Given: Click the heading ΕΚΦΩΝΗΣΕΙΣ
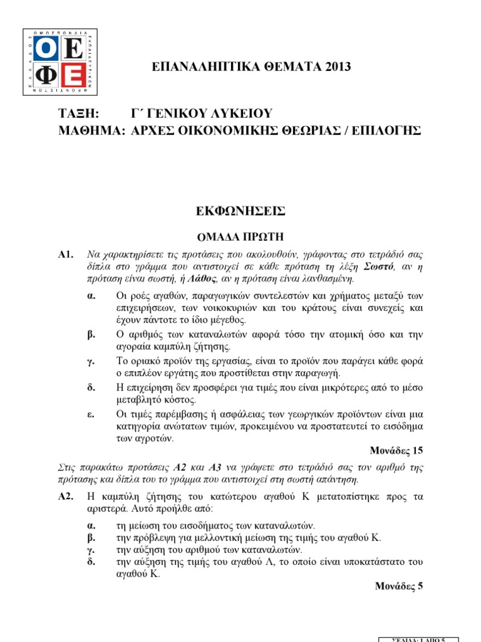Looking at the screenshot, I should point(240,212).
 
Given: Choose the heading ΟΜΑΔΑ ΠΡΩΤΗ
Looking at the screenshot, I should point(240,236).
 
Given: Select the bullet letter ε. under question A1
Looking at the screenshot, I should point(90,414).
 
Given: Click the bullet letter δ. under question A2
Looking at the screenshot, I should point(90,562).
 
